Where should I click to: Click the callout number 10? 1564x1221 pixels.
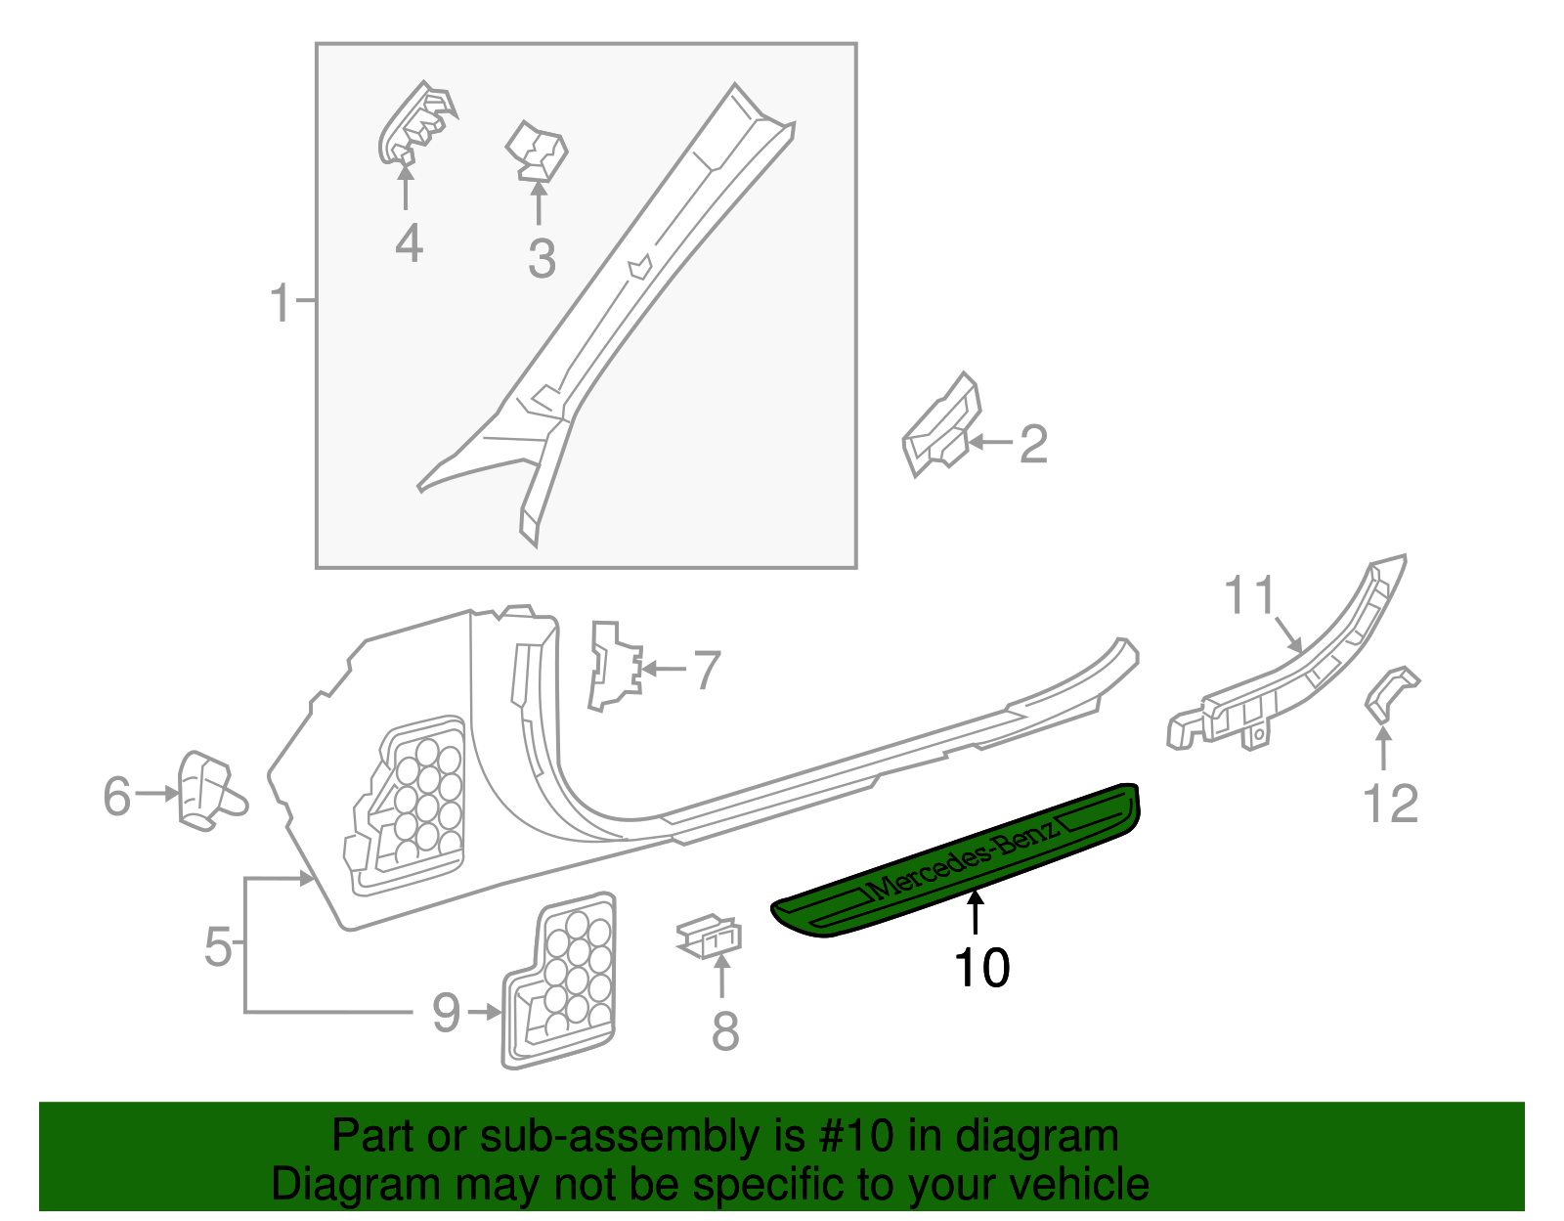pos(981,968)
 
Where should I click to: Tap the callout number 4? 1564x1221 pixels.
pos(409,243)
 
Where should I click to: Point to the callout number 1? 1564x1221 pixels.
pos(281,303)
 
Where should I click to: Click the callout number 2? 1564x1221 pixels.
pos(1033,444)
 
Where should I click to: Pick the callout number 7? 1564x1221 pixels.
pos(707,671)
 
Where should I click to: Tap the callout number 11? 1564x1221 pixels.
pos(1250,595)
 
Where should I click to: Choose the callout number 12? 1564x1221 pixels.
pos(1390,805)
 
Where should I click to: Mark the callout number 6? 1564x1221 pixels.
pos(117,796)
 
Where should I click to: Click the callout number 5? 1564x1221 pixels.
pos(218,946)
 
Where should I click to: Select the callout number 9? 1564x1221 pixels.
pos(446,1012)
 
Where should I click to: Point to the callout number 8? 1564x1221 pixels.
pos(724,1031)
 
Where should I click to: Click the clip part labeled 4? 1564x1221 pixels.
pos(415,125)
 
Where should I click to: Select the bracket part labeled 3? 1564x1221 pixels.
pos(536,153)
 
